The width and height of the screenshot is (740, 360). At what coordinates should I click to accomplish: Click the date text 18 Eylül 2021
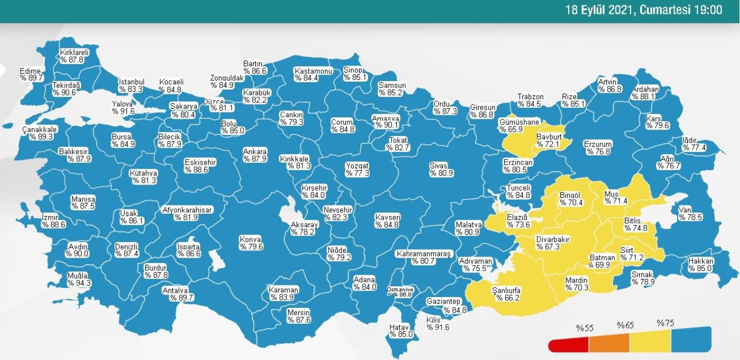point(599,10)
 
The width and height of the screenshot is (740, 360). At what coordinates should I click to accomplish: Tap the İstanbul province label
point(131,82)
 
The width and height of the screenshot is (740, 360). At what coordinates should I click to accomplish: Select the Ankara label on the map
point(254,151)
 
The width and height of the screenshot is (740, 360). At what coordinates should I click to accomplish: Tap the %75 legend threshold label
point(665,323)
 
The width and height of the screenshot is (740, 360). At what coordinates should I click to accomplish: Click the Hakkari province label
point(700,261)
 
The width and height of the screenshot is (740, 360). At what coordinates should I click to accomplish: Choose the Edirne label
point(30,70)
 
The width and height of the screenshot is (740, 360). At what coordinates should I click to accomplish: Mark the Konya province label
point(251,239)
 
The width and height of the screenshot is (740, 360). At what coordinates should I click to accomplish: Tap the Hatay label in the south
point(399,327)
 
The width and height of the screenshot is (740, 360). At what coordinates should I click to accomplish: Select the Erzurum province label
point(598,145)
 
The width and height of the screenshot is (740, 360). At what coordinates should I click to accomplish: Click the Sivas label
point(438,165)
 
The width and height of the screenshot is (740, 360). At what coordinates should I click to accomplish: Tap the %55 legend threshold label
point(585,327)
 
